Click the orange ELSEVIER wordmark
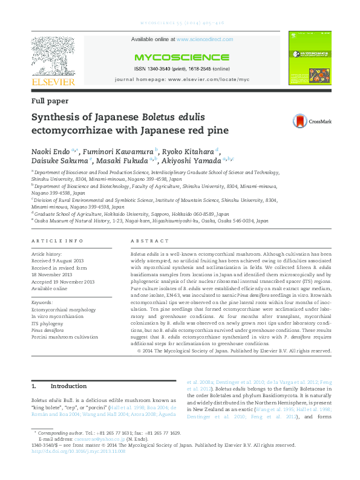coord(53,82)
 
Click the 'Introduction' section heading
coord(68,386)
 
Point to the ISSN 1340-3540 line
coord(182,70)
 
